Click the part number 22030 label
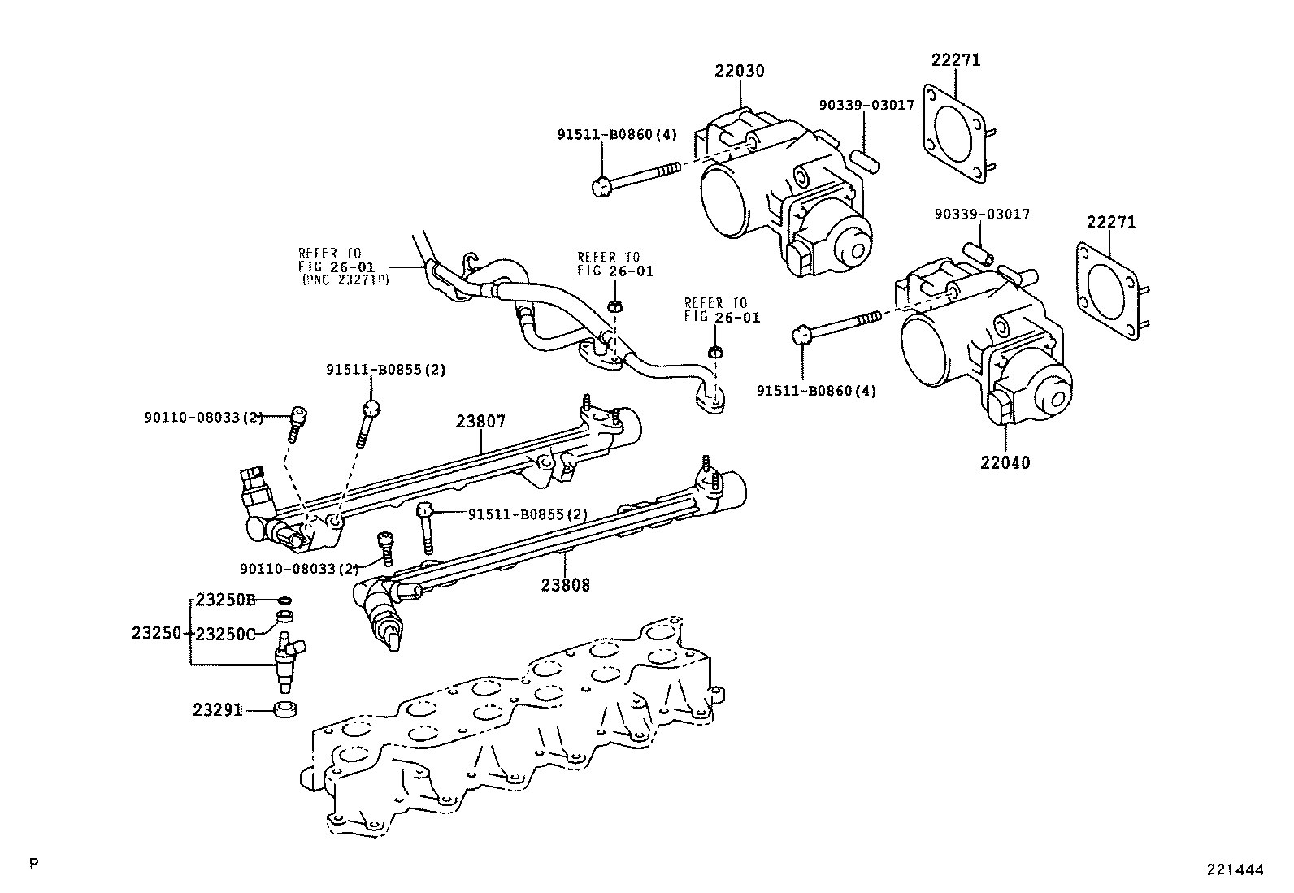pos(740,72)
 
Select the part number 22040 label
pos(1005,462)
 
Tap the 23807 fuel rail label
pos(480,422)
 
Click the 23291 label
pos(217,709)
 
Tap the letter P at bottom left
pos(33,863)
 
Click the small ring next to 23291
pos(284,709)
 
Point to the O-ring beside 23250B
pos(284,600)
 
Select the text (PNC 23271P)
pos(345,279)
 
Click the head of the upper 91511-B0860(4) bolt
pos(601,187)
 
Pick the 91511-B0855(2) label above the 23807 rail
pos(386,370)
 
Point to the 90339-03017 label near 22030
pos(866,105)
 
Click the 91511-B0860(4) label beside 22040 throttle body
pos(816,391)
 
